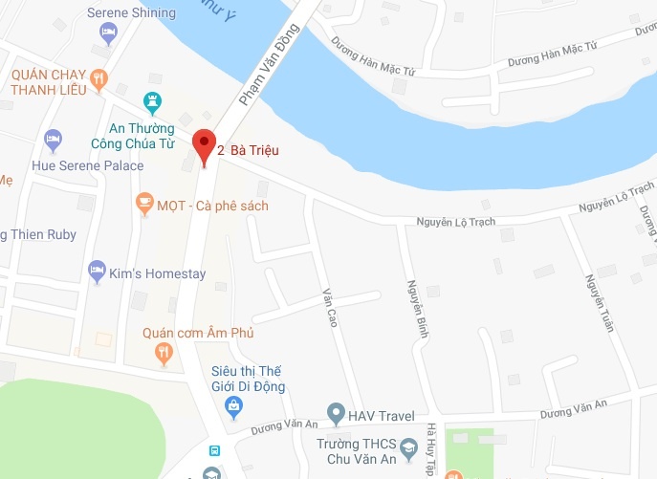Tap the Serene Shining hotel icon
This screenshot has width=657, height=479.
(109, 33)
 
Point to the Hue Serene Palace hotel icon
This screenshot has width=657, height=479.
(54, 140)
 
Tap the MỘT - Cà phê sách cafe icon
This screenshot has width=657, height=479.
(144, 203)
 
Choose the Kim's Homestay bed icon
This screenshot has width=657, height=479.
(96, 272)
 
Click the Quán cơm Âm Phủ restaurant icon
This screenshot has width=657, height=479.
(164, 353)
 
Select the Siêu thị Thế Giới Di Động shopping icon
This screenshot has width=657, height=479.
(233, 407)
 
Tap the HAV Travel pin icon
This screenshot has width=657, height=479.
(336, 415)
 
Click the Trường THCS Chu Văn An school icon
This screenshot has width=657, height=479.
(408, 447)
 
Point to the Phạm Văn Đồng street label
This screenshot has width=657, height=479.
(269, 65)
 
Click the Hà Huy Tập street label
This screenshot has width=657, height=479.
(432, 449)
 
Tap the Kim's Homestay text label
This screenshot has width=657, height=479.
(158, 274)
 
